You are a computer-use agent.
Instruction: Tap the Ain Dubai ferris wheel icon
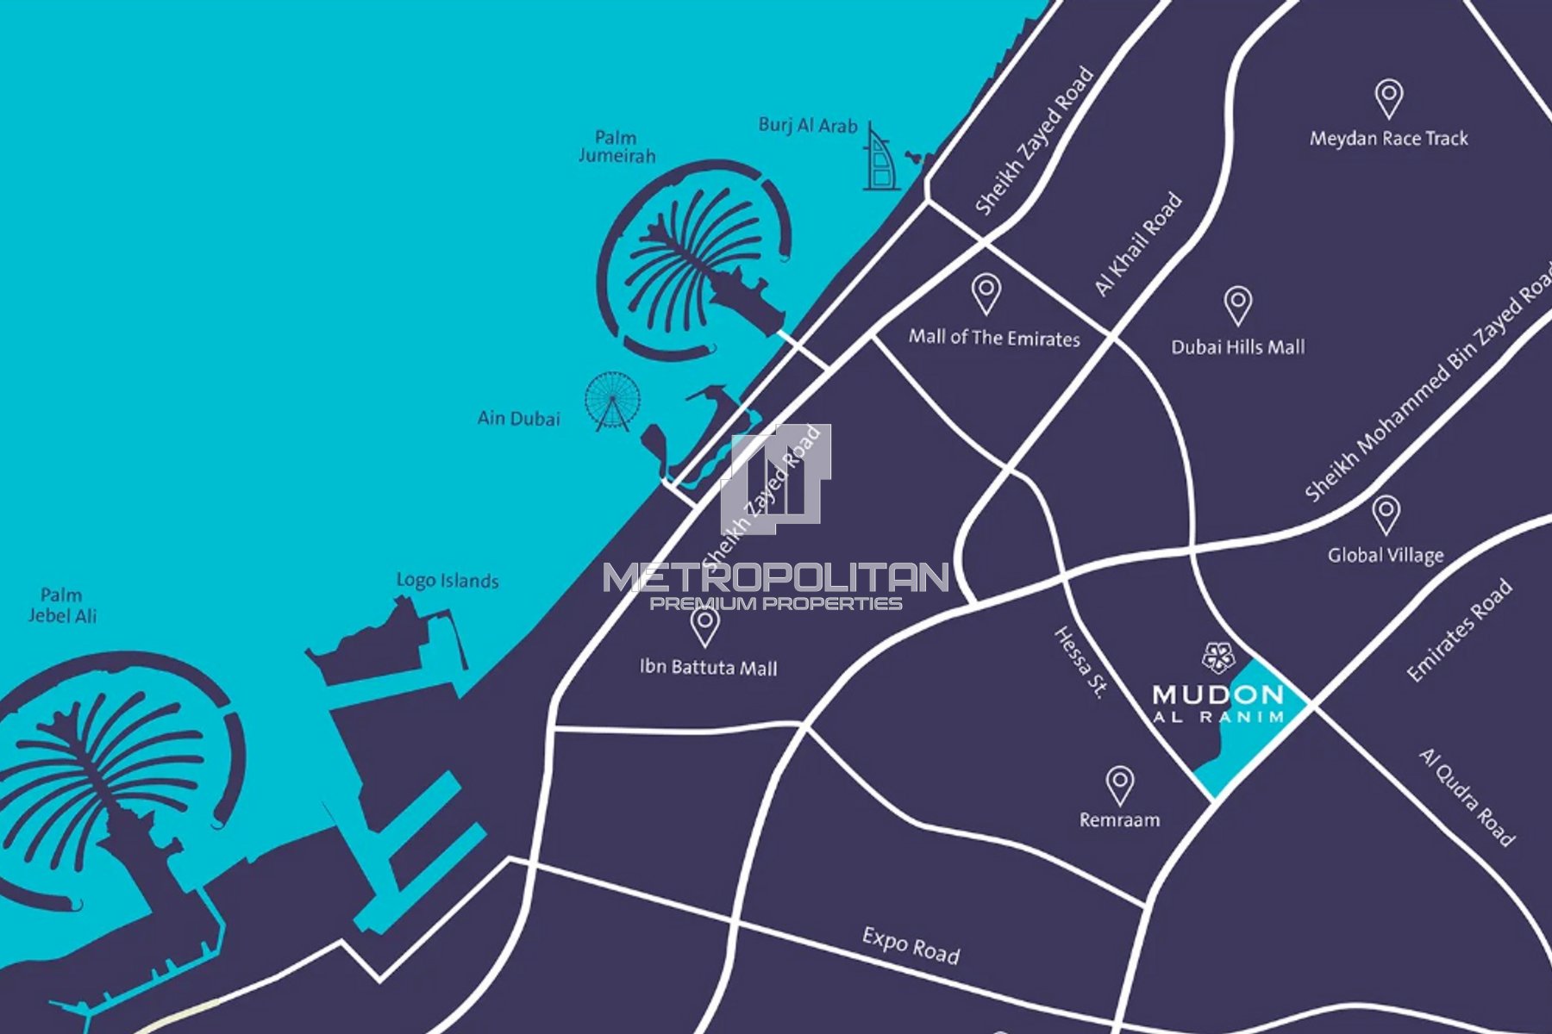(613, 401)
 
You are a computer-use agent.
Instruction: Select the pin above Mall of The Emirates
(986, 293)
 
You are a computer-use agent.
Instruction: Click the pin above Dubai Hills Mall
(1238, 305)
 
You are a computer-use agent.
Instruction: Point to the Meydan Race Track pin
(1388, 98)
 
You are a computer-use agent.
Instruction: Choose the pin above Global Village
(1386, 514)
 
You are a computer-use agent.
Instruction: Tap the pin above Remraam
(1119, 785)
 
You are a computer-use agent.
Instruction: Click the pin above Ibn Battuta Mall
(705, 626)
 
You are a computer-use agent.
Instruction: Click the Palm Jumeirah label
(616, 146)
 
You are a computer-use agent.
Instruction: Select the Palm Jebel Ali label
(62, 605)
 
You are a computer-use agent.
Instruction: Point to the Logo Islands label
(447, 580)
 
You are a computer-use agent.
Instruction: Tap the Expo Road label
(911, 945)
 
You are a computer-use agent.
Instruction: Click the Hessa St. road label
(1079, 662)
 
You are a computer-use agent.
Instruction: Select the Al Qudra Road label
(1467, 797)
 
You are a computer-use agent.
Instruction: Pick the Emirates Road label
(1459, 632)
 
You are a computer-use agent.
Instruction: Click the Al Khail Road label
(1138, 246)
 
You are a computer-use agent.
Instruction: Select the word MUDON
(1217, 695)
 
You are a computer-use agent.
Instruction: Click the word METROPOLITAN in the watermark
(775, 577)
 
